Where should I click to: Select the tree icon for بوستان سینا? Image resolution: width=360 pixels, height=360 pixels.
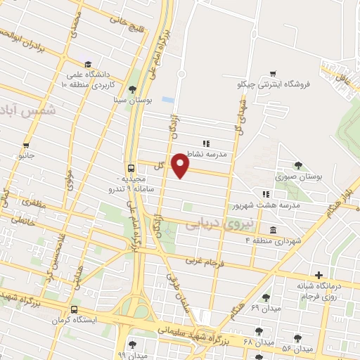pyautogui.click(x=132, y=89)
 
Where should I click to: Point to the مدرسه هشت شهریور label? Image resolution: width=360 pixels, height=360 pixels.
pyautogui.click(x=266, y=205)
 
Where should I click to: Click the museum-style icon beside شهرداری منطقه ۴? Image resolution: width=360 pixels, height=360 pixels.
pyautogui.click(x=272, y=229)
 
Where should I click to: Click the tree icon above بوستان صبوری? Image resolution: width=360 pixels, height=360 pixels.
pyautogui.click(x=300, y=167)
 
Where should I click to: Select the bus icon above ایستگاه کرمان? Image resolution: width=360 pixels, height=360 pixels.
pyautogui.click(x=75, y=309)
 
